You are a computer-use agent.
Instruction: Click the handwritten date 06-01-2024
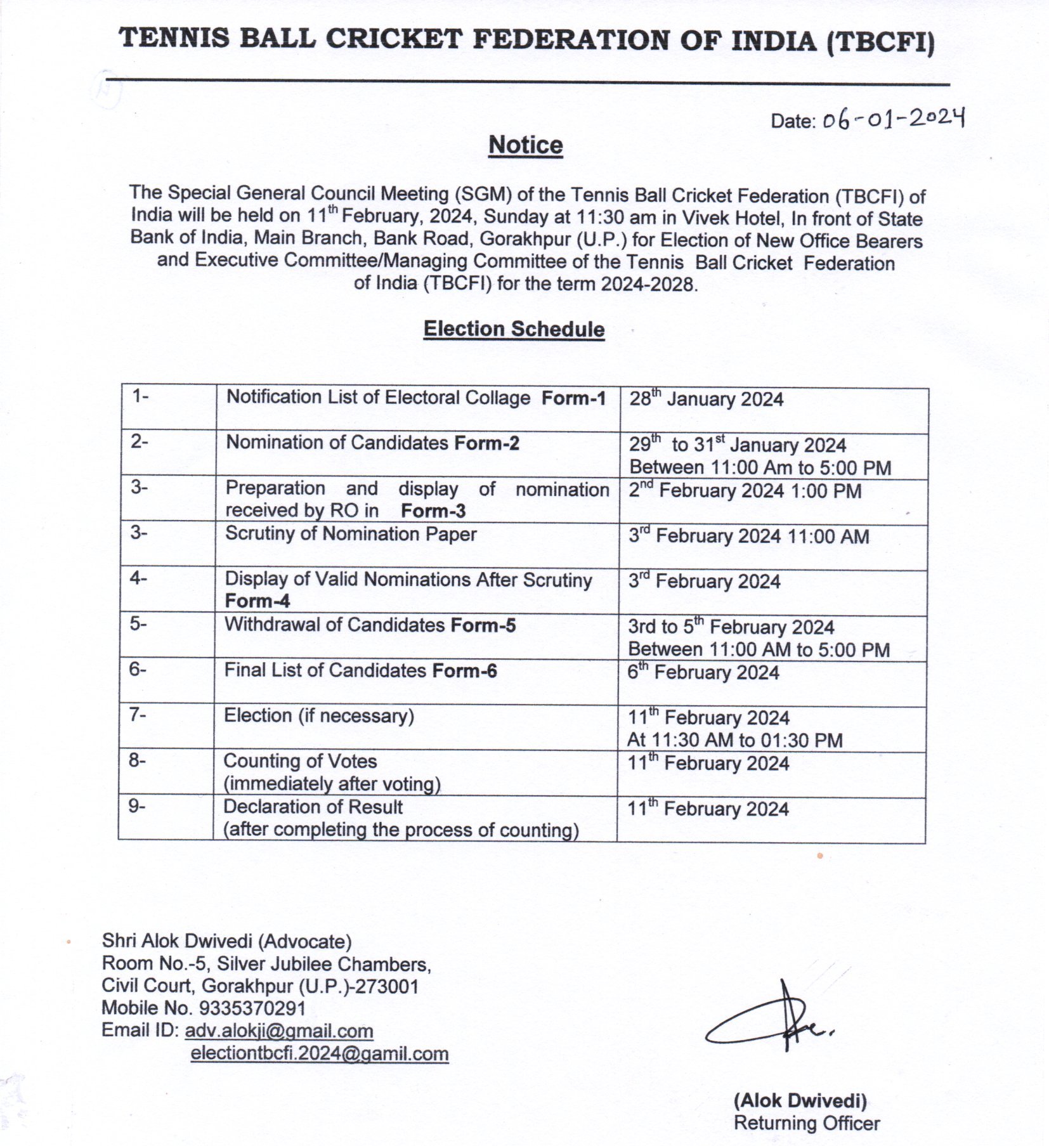click(x=893, y=118)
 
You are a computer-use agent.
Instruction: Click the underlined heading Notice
click(x=525, y=145)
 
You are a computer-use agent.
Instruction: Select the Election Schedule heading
click(x=514, y=329)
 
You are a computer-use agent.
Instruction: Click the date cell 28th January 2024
click(x=706, y=399)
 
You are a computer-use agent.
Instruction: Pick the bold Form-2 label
click(x=486, y=443)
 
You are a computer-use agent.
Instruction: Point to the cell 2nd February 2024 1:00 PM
click(x=745, y=490)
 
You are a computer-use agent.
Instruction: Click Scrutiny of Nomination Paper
click(x=351, y=534)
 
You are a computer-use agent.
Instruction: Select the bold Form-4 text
click(x=257, y=601)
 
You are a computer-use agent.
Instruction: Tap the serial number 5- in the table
click(x=138, y=623)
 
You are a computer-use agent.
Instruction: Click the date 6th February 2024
click(x=703, y=672)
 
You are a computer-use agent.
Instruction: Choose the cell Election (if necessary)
click(x=318, y=716)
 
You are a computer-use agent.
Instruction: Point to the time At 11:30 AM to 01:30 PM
click(x=734, y=740)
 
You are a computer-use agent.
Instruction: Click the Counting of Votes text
click(x=300, y=761)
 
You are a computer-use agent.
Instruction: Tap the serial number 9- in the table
click(x=136, y=806)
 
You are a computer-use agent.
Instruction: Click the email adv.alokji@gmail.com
click(x=278, y=1031)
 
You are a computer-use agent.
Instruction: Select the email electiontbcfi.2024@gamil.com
click(x=320, y=1053)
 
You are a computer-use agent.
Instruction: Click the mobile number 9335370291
click(x=252, y=1008)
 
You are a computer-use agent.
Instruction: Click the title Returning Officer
click(x=807, y=1123)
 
